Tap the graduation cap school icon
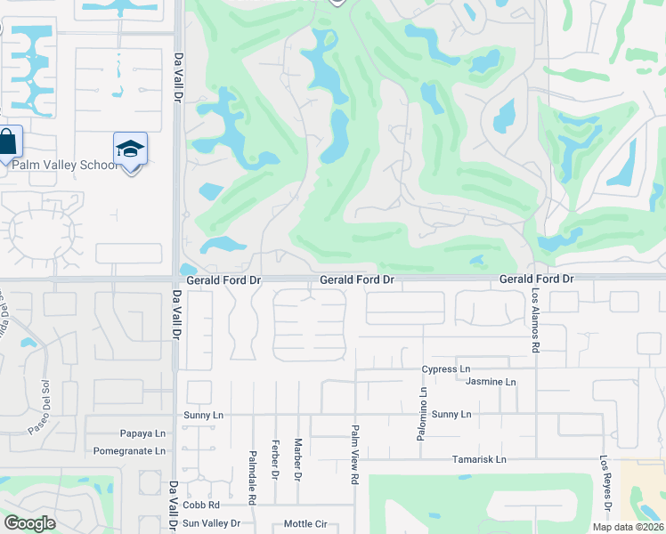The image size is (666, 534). point(130,149)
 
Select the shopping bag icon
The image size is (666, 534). point(7,142)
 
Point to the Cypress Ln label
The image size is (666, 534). point(446,369)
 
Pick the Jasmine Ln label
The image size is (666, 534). point(491,382)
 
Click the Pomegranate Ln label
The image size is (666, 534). point(130,450)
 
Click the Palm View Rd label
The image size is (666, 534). point(354,454)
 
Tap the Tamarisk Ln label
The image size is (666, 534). point(476,459)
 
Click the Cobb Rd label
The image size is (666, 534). point(201,505)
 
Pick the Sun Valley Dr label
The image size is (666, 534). point(211,523)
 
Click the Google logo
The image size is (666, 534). point(29,523)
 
